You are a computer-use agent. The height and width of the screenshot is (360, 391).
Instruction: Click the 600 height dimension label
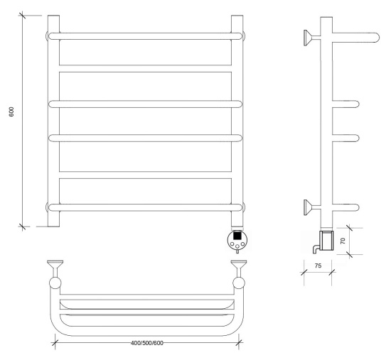(x=11, y=112)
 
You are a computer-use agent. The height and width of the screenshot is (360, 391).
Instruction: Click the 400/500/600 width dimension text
(x=147, y=343)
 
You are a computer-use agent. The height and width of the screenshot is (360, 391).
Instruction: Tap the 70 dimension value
(x=343, y=241)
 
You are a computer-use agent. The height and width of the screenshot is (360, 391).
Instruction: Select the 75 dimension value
(x=318, y=266)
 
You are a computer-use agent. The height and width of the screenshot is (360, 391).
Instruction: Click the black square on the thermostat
(x=237, y=235)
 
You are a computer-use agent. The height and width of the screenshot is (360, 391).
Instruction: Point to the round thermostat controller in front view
(x=237, y=240)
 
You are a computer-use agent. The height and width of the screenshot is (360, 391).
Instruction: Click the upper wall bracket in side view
(x=311, y=38)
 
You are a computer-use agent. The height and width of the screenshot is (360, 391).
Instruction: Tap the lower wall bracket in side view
(x=311, y=207)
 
